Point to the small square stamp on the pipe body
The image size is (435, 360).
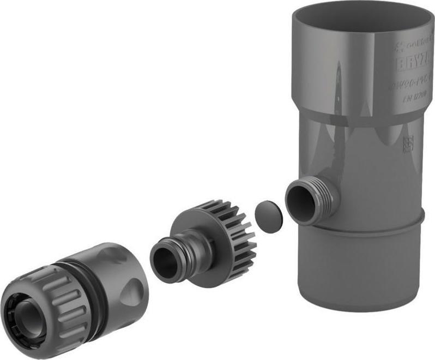point(408,143)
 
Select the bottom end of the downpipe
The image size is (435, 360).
point(360,305)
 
